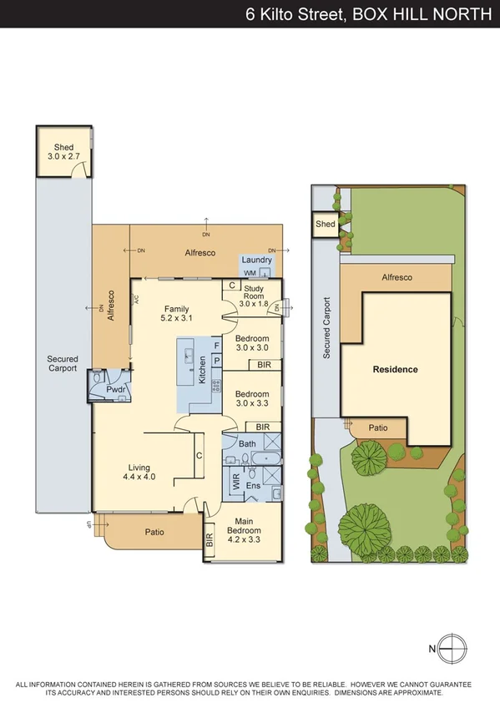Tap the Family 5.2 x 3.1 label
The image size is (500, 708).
tap(176, 313)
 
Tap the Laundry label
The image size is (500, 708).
tap(256, 260)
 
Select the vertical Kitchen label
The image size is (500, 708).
tap(201, 370)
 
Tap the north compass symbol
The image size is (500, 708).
tap(450, 648)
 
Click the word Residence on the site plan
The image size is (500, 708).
tap(395, 369)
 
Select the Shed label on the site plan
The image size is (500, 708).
tap(325, 224)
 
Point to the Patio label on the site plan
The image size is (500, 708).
tap(378, 427)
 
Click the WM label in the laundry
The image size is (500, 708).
tap(249, 273)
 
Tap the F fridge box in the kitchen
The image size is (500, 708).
tap(216, 345)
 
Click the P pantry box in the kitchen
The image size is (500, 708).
tap(216, 361)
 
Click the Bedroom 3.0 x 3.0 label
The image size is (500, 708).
tap(252, 343)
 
